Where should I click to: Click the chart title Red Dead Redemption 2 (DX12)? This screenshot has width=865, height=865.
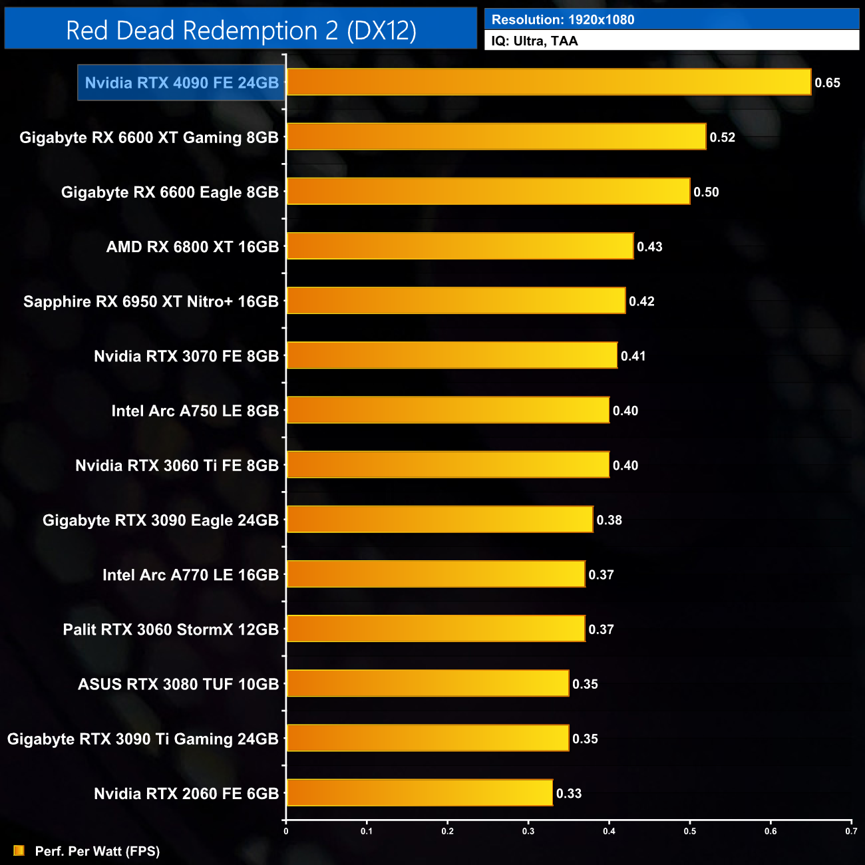coord(241,31)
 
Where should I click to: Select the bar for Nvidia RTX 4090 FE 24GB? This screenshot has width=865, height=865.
coord(548,83)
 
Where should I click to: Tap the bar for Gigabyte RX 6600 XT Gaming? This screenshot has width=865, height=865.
coord(496,137)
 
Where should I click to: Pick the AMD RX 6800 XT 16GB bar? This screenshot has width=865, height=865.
coord(459,246)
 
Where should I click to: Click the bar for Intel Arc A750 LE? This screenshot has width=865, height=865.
coord(447,411)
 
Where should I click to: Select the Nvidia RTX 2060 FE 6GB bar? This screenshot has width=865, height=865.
coord(419,793)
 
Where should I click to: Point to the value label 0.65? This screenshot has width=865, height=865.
coord(827,83)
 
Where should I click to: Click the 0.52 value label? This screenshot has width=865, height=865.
coord(722,138)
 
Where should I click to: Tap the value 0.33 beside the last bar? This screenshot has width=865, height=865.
coord(569,794)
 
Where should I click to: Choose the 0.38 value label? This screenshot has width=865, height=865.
coord(609,520)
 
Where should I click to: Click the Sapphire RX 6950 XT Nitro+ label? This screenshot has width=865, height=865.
coord(151,301)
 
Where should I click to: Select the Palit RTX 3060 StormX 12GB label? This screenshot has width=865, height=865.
coord(171,629)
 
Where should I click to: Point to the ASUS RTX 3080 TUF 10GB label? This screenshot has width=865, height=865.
coord(178,684)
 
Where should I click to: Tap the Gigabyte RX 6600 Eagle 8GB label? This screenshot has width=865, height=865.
coord(170,192)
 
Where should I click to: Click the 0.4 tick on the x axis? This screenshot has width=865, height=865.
coord(609,831)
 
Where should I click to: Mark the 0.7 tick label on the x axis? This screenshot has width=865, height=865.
coord(851,831)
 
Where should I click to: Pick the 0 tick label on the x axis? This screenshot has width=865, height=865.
coord(286,831)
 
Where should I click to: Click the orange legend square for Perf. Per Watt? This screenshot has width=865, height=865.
coord(19,850)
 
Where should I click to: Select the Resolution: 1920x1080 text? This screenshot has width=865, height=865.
coord(563,20)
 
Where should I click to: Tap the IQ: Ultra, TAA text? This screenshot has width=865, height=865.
coord(534,41)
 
